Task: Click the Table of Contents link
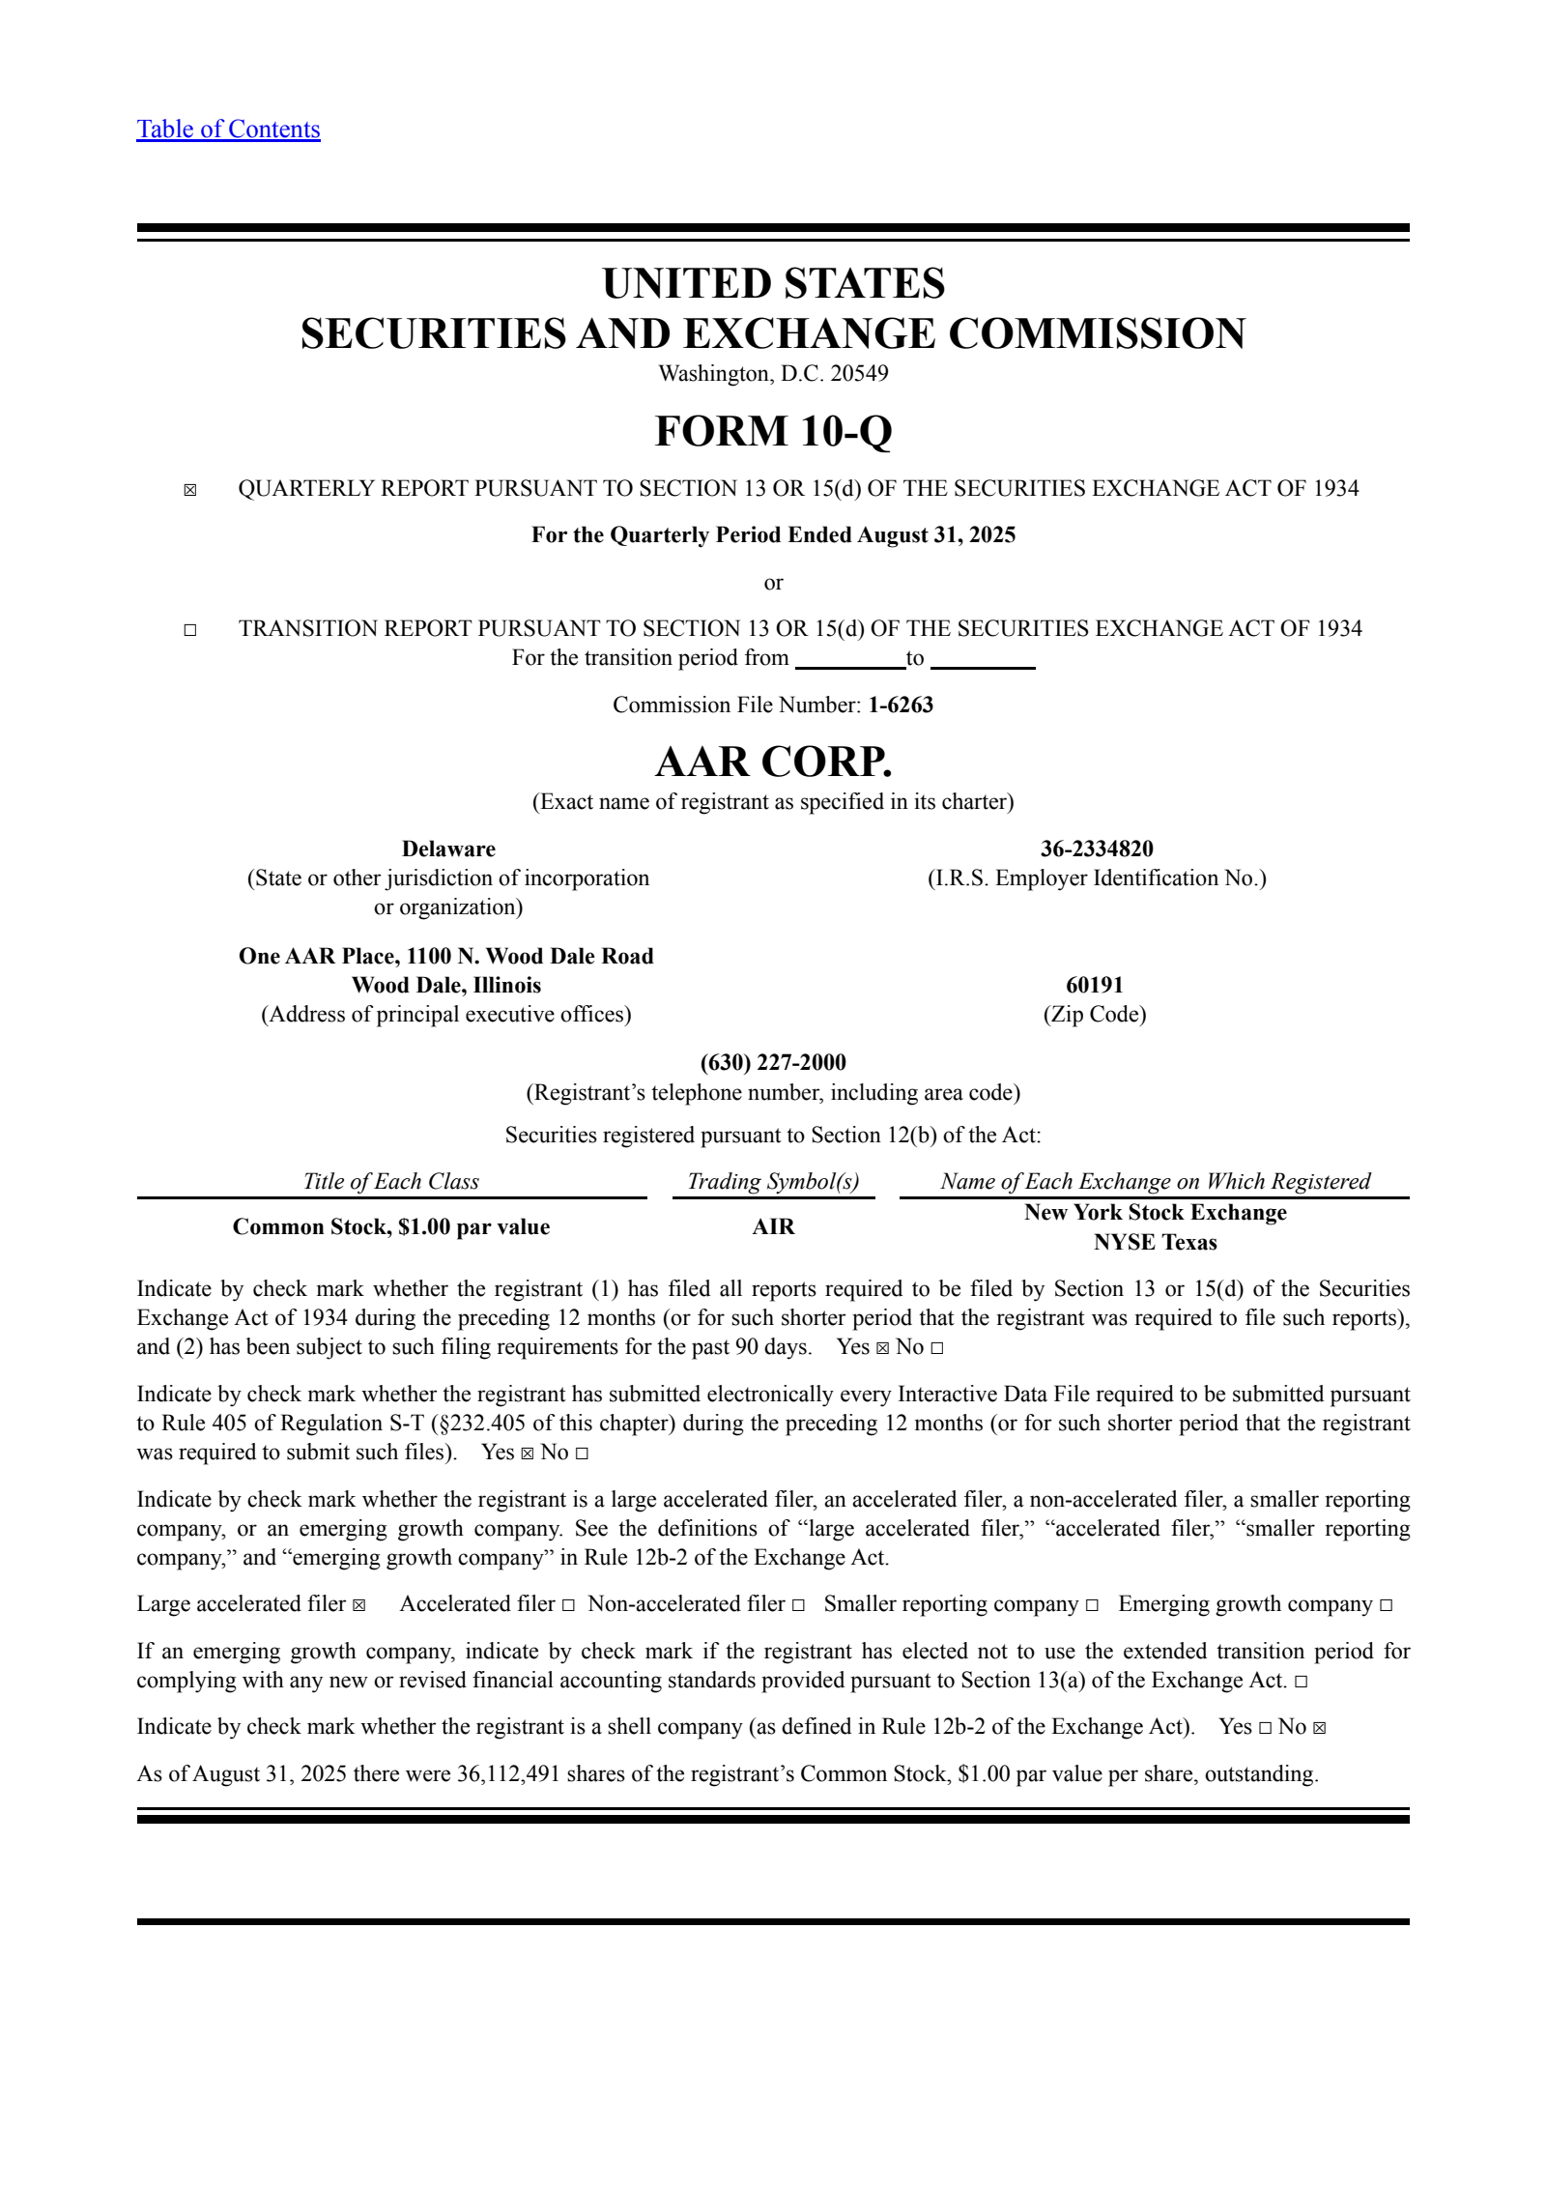(228, 130)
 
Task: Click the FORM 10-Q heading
(773, 431)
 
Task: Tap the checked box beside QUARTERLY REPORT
(190, 490)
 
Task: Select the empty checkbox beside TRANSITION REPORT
(190, 630)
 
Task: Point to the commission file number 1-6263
(901, 705)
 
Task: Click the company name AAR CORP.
(773, 762)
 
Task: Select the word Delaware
(448, 849)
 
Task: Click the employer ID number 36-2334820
(1097, 849)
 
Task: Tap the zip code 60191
(1095, 985)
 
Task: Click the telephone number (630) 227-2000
(773, 1063)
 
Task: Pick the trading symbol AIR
(773, 1226)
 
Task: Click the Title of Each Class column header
(391, 1181)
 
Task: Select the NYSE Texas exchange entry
(1155, 1242)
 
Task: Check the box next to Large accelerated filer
(359, 1605)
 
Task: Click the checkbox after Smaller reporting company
(1092, 1605)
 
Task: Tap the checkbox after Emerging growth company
(1386, 1605)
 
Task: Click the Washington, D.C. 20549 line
(773, 374)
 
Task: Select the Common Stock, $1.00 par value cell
(391, 1226)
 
